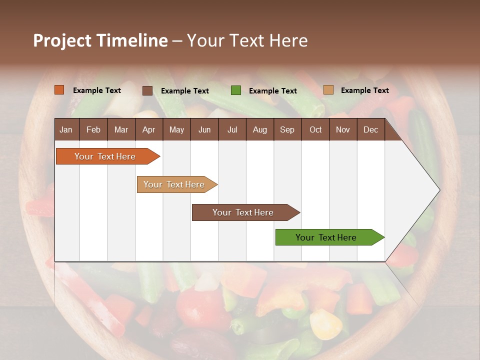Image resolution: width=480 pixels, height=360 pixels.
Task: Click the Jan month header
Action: [66, 129]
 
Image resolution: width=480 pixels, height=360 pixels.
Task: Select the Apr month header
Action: [148, 129]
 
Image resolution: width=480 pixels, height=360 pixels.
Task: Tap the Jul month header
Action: [232, 129]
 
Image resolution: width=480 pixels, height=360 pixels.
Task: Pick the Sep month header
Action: [287, 129]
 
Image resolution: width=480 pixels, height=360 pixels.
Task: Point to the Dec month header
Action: [370, 129]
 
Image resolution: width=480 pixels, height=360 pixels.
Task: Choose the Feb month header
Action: [93, 129]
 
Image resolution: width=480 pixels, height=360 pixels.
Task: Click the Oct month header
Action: [315, 129]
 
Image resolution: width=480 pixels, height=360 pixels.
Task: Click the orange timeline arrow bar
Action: [105, 156]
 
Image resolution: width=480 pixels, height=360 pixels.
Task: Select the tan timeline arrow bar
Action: [174, 184]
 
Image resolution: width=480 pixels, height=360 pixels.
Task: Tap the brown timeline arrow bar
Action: [243, 212]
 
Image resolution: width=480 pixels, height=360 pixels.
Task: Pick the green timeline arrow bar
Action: [326, 237]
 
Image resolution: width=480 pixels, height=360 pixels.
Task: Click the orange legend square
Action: [59, 90]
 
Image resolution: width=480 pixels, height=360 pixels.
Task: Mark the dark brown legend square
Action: [147, 90]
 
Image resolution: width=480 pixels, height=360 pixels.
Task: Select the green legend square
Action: [236, 90]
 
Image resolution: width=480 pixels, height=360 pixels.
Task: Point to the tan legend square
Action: [328, 90]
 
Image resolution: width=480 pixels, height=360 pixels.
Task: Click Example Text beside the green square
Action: [272, 91]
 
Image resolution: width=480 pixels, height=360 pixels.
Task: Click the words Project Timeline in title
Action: [100, 40]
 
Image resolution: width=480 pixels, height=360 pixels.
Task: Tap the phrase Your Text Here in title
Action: [247, 40]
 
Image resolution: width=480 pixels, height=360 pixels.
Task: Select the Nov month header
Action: [342, 129]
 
